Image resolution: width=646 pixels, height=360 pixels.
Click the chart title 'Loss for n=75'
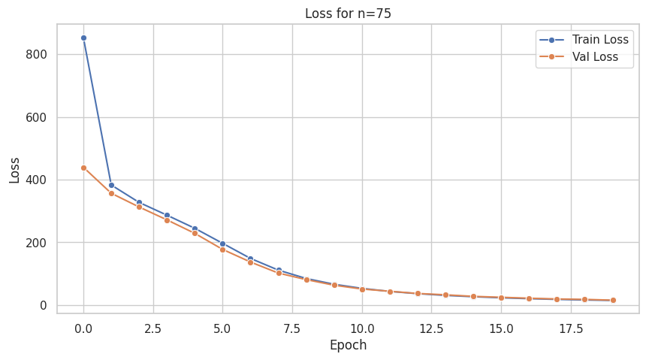(x=348, y=13)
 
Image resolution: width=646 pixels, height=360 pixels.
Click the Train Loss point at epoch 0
(x=83, y=38)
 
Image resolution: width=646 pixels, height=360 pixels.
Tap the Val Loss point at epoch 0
(x=83, y=168)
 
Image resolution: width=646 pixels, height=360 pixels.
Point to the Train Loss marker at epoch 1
(x=111, y=185)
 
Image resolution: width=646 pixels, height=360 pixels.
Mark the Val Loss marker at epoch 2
(x=139, y=207)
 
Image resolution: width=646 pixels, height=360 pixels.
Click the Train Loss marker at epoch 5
(x=222, y=244)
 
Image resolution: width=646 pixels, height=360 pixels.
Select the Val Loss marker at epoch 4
(x=195, y=233)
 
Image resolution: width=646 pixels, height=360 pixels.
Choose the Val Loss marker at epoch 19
(x=613, y=300)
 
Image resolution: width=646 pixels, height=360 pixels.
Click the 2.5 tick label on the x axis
(x=153, y=328)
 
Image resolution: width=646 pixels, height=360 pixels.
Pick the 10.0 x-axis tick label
(x=362, y=328)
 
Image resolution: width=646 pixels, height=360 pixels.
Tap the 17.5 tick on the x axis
(x=571, y=328)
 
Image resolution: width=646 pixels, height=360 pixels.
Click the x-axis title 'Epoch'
(x=348, y=346)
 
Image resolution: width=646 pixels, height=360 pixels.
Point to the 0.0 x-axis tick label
(x=83, y=328)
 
